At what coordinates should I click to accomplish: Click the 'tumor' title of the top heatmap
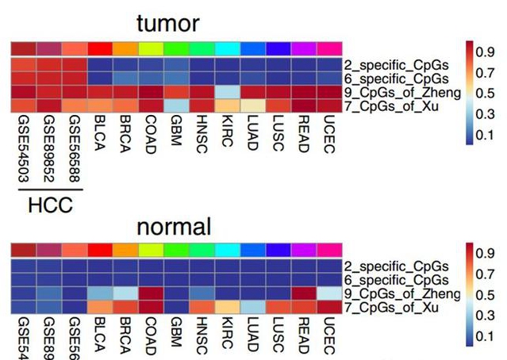pos(167,24)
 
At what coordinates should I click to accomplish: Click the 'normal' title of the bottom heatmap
pos(174,227)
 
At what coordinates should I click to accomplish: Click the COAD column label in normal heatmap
pos(151,336)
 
